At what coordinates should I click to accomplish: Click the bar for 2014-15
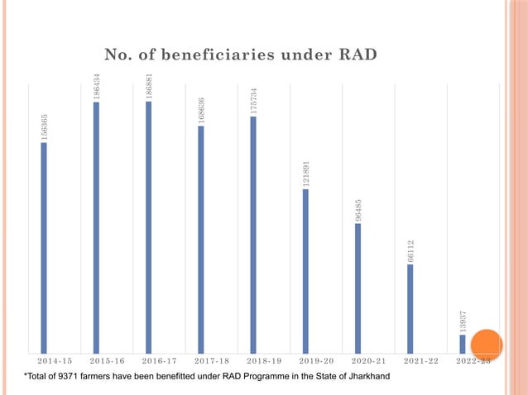click(x=44, y=247)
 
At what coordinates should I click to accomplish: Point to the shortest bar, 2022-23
click(x=462, y=343)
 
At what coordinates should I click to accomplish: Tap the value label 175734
click(x=253, y=100)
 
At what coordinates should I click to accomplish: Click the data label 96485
click(x=358, y=208)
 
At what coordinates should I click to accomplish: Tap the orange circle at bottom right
click(x=487, y=346)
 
